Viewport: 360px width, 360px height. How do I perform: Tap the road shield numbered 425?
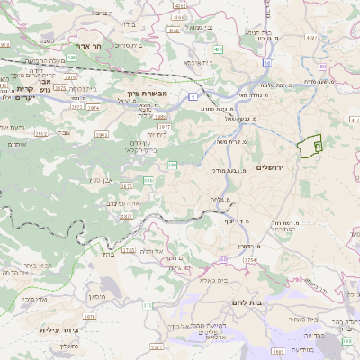71,58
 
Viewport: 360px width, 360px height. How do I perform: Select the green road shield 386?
171,165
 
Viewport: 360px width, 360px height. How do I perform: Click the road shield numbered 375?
147,305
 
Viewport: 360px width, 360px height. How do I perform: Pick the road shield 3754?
249,259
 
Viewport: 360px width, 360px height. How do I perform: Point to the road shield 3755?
129,251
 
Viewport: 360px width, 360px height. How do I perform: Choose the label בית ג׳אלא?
202,281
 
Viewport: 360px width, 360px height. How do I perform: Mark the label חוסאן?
96,296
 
